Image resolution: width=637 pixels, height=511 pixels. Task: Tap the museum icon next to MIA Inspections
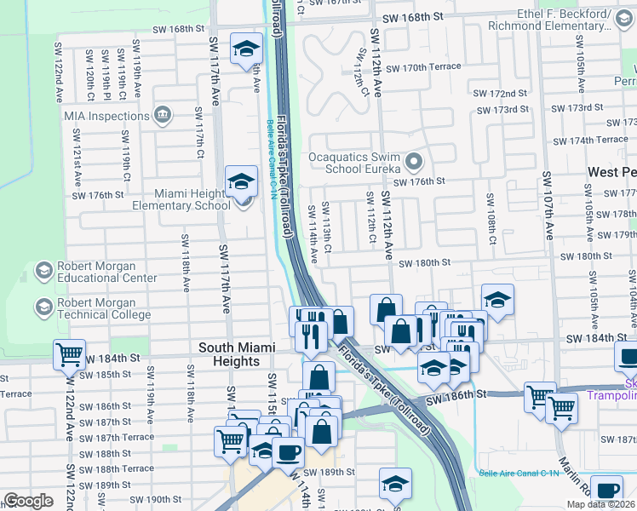162,115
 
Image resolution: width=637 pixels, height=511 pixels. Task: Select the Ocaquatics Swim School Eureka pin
415,160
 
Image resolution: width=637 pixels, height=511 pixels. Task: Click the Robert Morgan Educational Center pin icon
43,272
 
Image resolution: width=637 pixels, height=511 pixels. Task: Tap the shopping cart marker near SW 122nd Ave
68,355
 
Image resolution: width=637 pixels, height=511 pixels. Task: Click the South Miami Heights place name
229,354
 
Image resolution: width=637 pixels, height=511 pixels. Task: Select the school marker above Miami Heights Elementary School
241,181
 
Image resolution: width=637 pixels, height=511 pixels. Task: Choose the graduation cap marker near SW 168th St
246,49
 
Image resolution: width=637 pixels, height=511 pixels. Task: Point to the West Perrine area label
611,172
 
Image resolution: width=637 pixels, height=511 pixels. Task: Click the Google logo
28,501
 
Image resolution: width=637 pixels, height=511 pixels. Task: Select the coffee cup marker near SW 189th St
288,452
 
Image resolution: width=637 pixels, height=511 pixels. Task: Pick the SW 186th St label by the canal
458,394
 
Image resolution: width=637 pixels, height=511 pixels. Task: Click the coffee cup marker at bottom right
608,491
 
